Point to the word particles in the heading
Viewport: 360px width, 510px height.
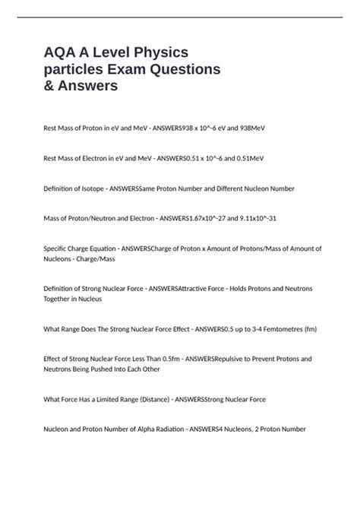click(x=79, y=68)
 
